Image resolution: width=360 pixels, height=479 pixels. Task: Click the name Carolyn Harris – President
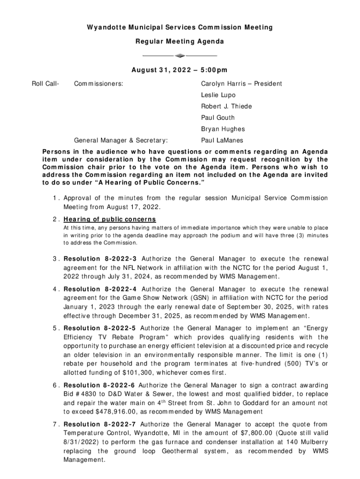point(241,84)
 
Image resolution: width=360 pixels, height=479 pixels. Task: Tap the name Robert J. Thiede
point(226,106)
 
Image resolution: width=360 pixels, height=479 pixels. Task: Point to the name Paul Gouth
point(218,117)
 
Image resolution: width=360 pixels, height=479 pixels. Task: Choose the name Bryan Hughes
point(223,129)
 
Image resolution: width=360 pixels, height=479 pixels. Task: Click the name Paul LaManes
point(222,140)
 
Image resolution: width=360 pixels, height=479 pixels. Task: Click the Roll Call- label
point(45,84)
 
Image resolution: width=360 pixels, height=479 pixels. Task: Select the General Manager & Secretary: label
point(122,140)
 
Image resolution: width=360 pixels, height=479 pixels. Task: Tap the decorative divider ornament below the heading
point(180,56)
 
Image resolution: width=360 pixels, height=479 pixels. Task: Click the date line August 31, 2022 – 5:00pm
point(180,70)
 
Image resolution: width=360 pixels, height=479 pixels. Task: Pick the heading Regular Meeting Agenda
point(180,42)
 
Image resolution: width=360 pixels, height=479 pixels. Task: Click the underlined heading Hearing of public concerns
point(110,220)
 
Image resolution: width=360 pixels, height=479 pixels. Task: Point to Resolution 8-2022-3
point(100,259)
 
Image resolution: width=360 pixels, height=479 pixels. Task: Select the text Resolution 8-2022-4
point(100,289)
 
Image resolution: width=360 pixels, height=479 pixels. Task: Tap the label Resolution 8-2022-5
point(100,328)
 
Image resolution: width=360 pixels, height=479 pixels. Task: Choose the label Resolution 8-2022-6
point(100,385)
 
